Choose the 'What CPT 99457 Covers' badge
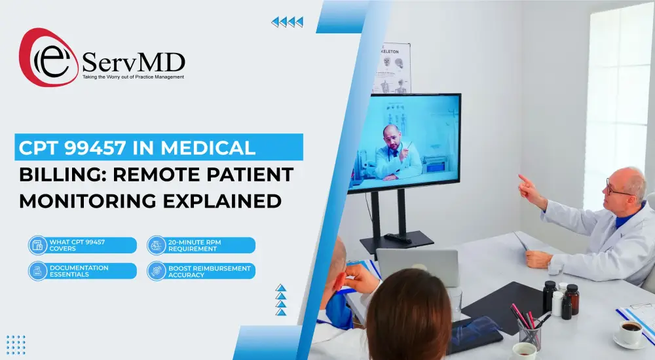click(x=83, y=245)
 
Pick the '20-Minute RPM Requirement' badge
click(x=201, y=245)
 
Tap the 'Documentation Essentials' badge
click(x=83, y=271)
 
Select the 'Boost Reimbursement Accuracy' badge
click(x=201, y=271)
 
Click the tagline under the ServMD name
click(x=133, y=77)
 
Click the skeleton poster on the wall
click(x=392, y=68)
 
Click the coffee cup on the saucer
click(x=629, y=333)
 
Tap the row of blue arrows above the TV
click(x=288, y=22)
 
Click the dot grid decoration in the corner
click(x=16, y=344)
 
